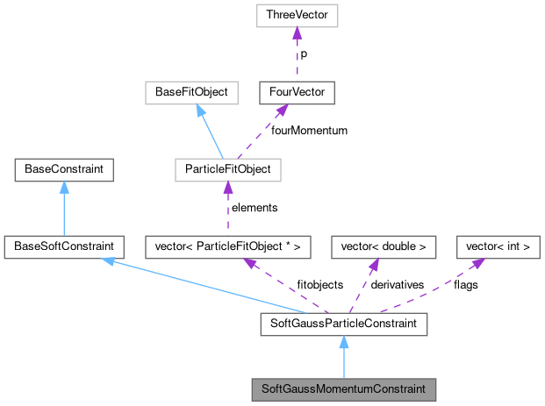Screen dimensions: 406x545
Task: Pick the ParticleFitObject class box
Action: (226, 168)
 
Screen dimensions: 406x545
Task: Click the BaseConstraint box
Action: (64, 168)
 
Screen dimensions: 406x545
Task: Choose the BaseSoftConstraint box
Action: (64, 246)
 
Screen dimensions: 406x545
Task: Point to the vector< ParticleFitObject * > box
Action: (226, 246)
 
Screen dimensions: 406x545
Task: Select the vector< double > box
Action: (383, 246)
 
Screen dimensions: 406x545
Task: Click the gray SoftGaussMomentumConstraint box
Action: (343, 388)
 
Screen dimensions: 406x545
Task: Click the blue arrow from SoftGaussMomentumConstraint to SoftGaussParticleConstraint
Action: (343, 358)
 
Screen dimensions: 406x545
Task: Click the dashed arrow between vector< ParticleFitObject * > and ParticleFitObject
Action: (226, 209)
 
